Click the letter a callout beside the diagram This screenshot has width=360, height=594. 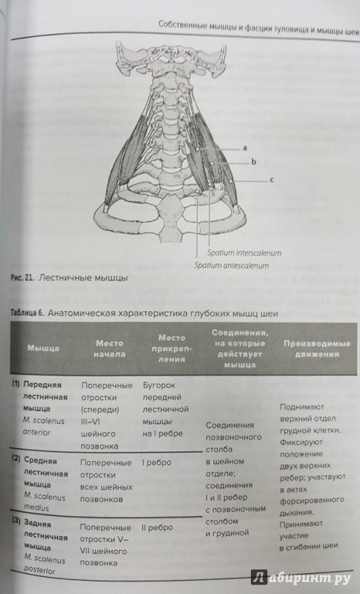coord(245,148)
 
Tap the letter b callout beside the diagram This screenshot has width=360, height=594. coord(254,162)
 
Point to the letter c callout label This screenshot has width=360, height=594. coord(272,180)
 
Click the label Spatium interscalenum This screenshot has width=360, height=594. coord(244,252)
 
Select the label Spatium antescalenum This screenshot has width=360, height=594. coord(232,265)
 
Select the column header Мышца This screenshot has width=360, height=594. coord(43,348)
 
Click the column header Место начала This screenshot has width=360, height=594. coord(109,348)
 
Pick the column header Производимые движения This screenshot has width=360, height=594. coord(317,349)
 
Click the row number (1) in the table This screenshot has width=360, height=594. coord(16,384)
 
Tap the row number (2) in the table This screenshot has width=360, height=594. coord(16,459)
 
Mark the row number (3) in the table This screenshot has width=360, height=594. coord(16,521)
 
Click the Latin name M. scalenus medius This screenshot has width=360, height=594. coord(45,502)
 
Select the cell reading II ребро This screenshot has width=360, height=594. coord(157,527)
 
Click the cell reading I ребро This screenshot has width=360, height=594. coord(157,462)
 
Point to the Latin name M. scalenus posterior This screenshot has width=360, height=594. coord(44,564)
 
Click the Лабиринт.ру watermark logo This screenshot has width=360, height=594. coord(301,578)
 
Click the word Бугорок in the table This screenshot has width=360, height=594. coord(159,385)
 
